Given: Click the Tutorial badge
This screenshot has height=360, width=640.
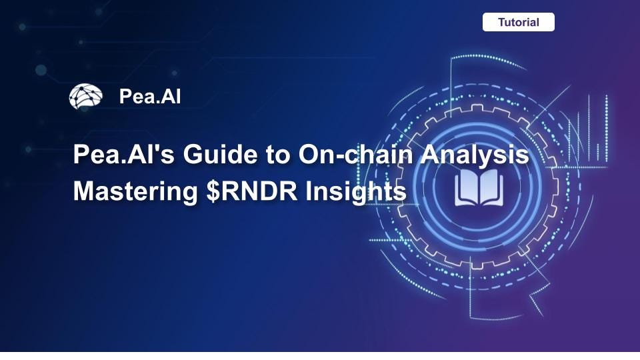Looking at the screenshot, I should [518, 22].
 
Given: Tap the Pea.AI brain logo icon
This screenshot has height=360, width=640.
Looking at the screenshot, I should [85, 97].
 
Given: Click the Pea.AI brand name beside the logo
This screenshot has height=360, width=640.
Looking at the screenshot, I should [150, 97].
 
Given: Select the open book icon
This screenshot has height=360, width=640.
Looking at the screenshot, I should [479, 187].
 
